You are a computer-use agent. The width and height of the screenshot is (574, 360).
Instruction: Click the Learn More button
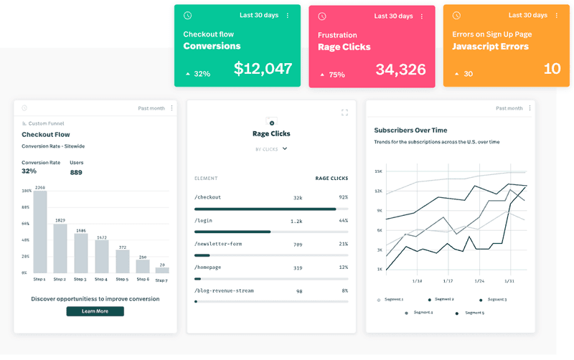tap(95, 311)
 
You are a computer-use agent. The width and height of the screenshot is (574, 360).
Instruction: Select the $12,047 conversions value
tap(263, 69)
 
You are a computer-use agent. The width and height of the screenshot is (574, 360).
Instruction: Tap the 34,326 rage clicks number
tap(400, 70)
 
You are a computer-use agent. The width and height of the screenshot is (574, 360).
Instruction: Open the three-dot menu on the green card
tap(288, 16)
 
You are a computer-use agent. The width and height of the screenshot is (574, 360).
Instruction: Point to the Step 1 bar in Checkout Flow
tap(39, 232)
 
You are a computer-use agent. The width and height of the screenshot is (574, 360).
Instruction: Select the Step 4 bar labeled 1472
tap(101, 256)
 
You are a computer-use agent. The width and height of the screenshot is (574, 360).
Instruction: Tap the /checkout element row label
tap(208, 197)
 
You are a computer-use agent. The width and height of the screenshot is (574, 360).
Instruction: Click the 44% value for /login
tap(343, 221)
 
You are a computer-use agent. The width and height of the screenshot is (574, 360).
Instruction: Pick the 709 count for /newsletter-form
tap(298, 244)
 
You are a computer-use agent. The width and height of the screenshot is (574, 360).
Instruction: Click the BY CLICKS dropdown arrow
tap(285, 149)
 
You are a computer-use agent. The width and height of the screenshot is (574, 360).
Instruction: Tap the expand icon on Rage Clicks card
tap(344, 113)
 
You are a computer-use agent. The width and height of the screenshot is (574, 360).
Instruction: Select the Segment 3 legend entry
tap(497, 299)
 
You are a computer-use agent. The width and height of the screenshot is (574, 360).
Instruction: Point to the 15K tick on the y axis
tap(379, 172)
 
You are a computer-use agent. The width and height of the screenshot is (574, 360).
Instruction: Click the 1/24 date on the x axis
tap(479, 281)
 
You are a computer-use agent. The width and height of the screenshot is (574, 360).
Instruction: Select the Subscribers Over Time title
tap(410, 131)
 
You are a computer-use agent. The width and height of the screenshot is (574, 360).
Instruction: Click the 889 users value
tap(76, 172)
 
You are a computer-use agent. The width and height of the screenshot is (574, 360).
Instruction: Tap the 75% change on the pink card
tap(337, 74)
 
